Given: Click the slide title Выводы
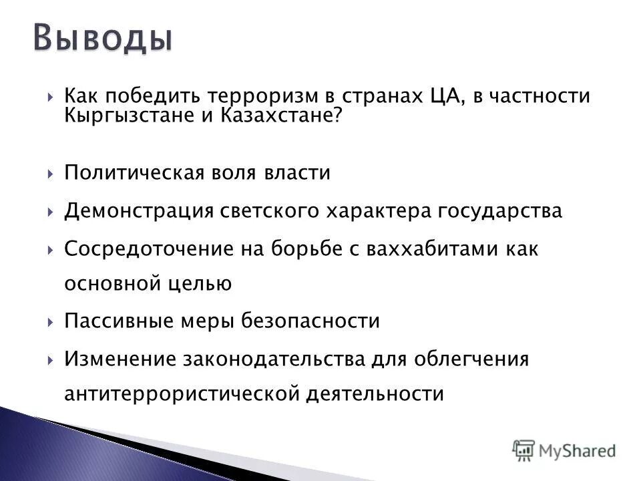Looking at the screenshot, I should [103, 38].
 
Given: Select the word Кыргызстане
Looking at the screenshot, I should [130, 116].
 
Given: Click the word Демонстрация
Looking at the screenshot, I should [137, 211].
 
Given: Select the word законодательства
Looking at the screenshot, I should [274, 359].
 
